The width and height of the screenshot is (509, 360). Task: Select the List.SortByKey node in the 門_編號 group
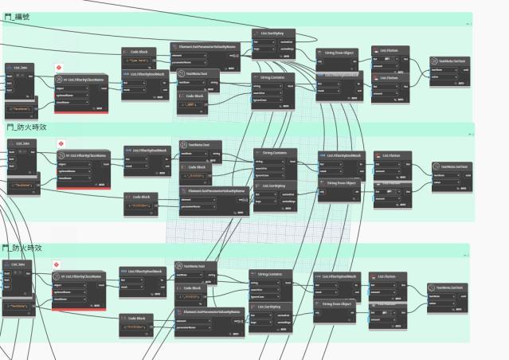pos(273,33)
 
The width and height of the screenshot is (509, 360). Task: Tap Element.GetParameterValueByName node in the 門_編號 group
pos(204,46)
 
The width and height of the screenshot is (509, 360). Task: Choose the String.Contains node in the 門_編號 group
pos(273,76)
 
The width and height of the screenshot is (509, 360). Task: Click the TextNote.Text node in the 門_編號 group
pos(197,72)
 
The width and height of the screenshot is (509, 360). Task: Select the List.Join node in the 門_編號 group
pos(20,68)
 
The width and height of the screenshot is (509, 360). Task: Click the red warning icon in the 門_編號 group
pos(59,68)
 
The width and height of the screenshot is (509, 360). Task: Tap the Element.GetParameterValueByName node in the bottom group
pos(209,311)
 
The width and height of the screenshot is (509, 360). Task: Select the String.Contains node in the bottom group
pos(268,274)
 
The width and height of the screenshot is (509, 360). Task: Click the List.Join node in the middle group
pos(23,143)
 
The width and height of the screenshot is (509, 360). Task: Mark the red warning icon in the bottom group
pos(56,264)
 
